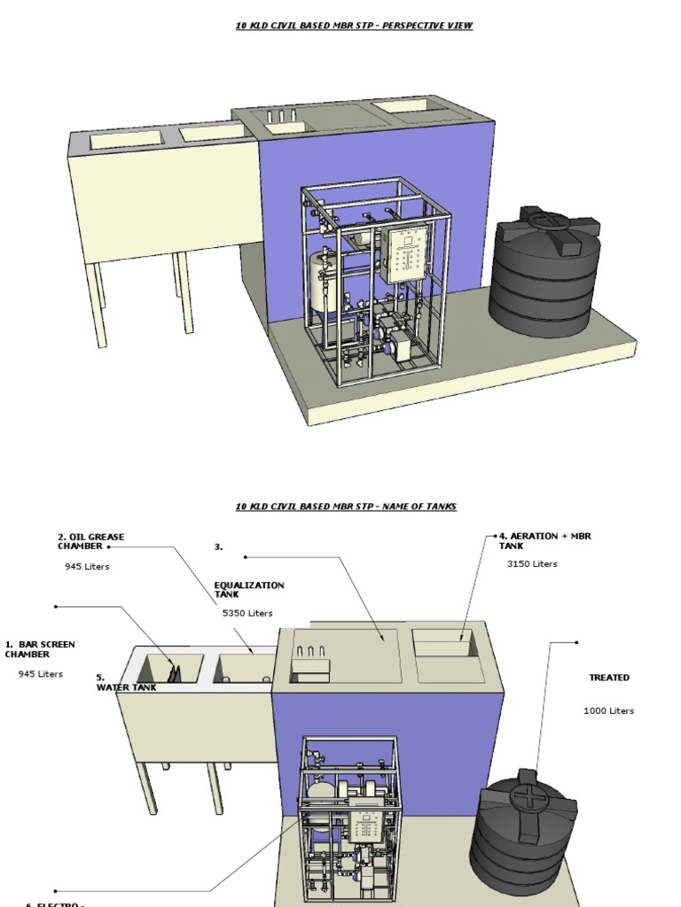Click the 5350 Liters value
point(247,613)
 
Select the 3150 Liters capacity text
point(532,564)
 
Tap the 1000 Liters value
point(608,710)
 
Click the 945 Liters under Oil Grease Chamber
point(87,567)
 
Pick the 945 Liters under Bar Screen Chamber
point(41,674)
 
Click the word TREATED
point(609,678)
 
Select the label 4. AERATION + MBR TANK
point(544,540)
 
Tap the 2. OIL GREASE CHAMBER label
point(90,541)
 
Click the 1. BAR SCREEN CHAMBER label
point(40,649)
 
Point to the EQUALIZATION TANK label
point(249,590)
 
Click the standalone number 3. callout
point(218,547)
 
